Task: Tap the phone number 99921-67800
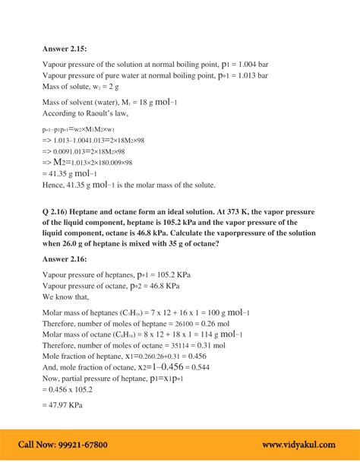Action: [x=83, y=445]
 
